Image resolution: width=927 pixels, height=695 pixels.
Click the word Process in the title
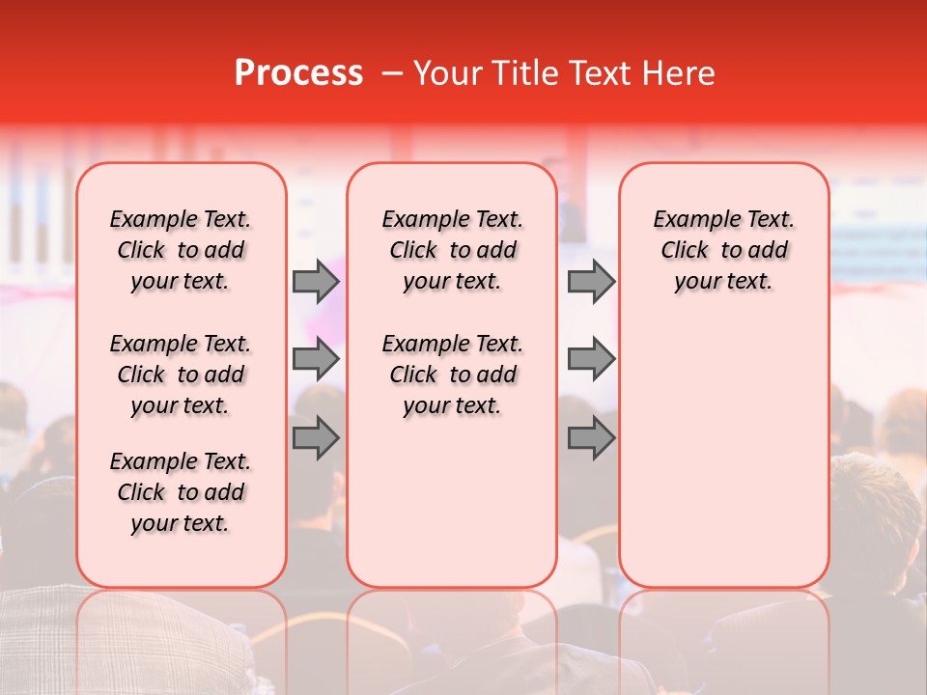click(x=297, y=73)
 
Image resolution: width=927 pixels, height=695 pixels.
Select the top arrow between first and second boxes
click(x=316, y=282)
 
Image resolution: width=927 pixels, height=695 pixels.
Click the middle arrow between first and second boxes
click(x=316, y=359)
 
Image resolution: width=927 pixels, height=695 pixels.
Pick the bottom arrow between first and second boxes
click(x=316, y=437)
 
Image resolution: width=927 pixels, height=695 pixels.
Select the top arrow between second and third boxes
click(x=591, y=282)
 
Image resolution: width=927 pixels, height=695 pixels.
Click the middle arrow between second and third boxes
click(x=591, y=359)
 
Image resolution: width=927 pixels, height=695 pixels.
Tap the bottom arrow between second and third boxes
click(x=591, y=437)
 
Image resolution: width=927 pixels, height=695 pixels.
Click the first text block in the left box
click(x=181, y=250)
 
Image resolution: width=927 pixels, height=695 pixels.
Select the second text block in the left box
click(x=181, y=375)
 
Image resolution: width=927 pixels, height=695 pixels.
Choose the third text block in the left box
click(x=181, y=492)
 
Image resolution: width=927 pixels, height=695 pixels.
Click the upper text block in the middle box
click(x=452, y=250)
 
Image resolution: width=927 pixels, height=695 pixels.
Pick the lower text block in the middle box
click(x=452, y=375)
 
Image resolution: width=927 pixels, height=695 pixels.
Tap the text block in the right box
click(x=723, y=250)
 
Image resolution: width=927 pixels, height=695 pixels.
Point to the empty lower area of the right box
click(x=723, y=444)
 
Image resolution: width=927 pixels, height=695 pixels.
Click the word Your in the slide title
click(x=440, y=73)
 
